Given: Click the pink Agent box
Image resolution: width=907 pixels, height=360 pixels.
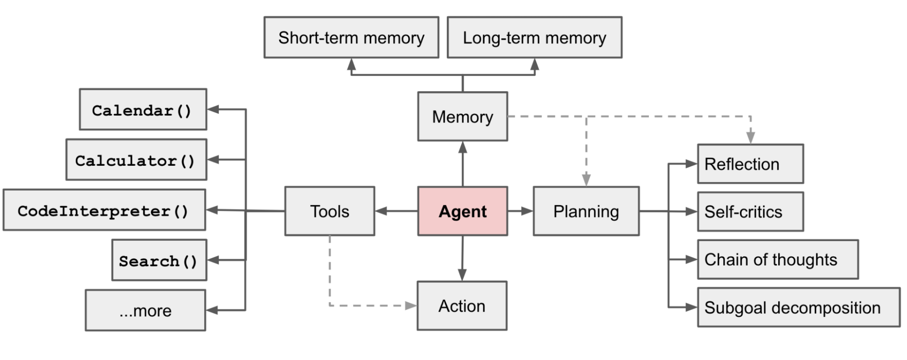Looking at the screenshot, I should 462,211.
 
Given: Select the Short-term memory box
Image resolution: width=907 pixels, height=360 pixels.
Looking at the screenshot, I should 351,38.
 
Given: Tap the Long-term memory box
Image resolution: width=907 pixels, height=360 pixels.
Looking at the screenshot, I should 534,38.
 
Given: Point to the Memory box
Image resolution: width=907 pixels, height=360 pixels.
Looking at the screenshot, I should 462,117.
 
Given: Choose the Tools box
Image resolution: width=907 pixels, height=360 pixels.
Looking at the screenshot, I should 329,211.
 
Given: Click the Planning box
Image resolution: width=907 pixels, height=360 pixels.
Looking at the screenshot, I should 586,211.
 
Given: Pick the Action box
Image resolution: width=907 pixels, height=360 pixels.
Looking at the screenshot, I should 462,306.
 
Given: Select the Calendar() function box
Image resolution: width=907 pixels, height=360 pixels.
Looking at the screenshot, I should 142,109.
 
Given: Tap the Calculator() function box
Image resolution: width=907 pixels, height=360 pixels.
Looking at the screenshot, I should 136,160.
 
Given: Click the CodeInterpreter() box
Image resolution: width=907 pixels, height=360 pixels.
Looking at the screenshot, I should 104,210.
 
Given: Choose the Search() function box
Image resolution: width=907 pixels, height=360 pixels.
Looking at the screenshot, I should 159,260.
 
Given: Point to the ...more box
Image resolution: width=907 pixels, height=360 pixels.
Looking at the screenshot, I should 145,311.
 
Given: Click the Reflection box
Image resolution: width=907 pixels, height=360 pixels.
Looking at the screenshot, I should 750,164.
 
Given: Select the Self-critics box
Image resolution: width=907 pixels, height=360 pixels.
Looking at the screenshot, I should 750,212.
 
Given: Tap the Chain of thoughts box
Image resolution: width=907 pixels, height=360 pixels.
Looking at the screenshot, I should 777,259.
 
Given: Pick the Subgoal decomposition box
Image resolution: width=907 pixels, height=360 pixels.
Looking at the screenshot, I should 798,307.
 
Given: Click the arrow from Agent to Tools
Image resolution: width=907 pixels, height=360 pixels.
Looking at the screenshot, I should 396,211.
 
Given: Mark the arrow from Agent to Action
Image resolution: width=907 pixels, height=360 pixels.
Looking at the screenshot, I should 462,259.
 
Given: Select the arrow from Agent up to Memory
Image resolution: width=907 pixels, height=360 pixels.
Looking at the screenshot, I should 463,163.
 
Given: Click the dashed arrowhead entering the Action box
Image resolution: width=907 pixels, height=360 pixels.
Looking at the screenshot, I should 410,306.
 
